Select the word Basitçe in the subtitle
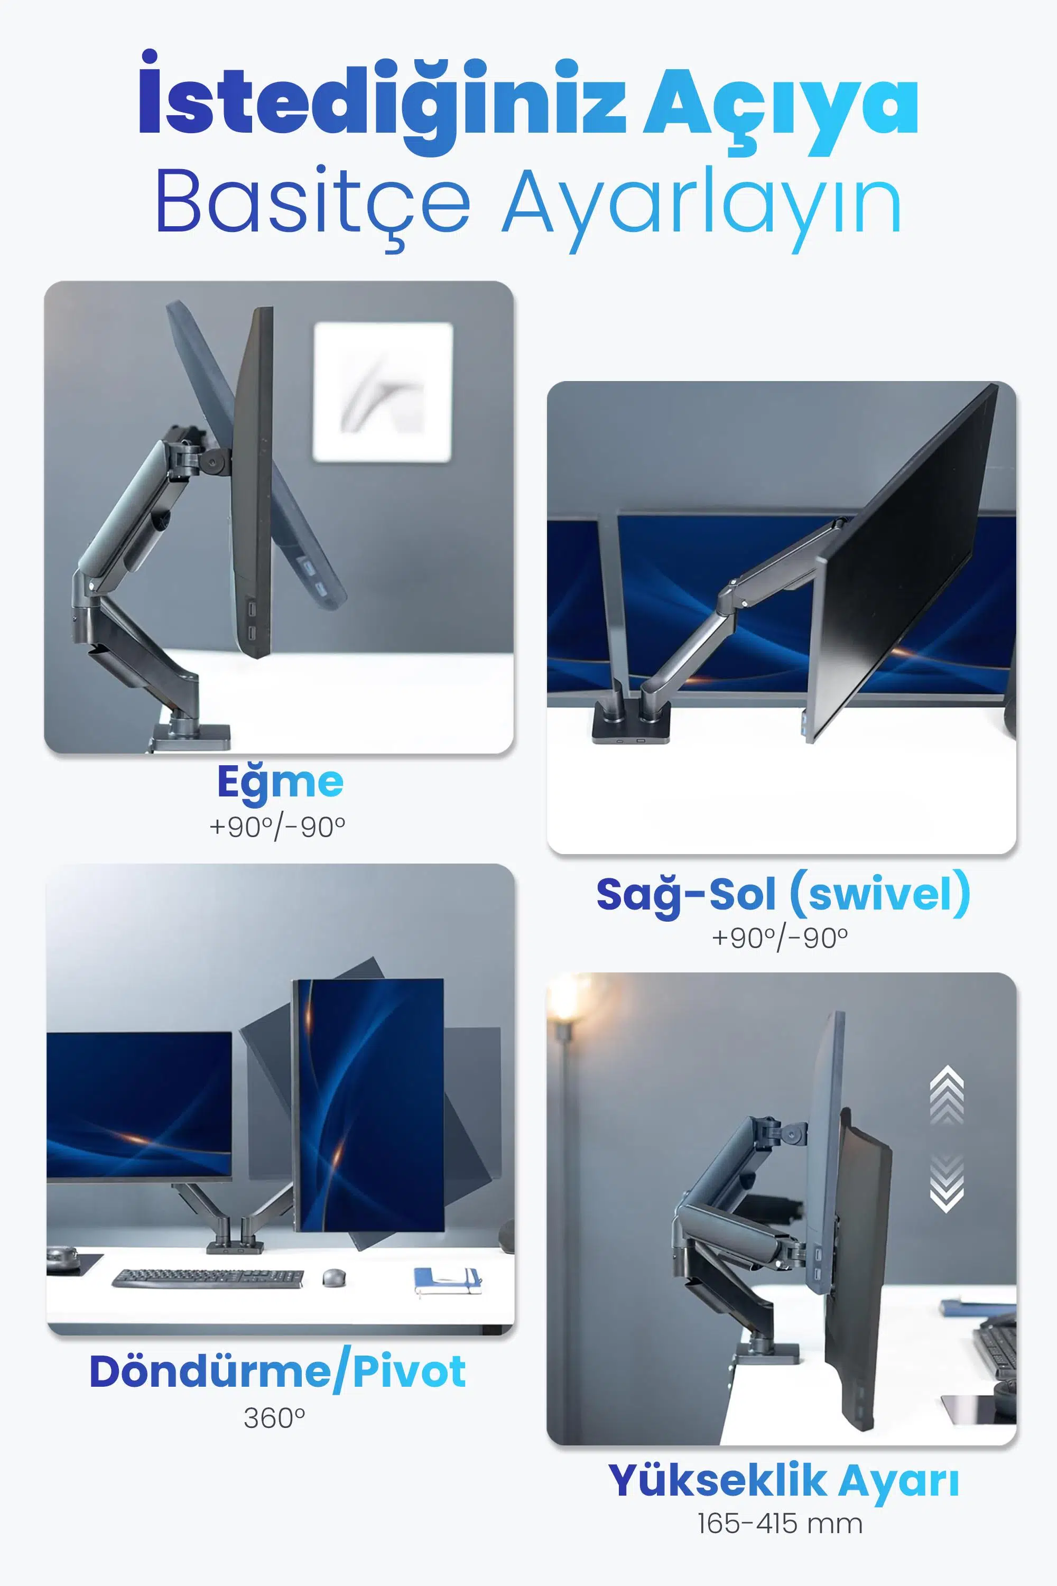pos(313,206)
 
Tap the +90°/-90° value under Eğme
pos(277,827)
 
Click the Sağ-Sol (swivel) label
pos(783,894)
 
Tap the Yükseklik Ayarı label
pos(783,1481)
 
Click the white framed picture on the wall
pos(383,392)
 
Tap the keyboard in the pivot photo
pos(208,1278)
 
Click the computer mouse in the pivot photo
pos(333,1277)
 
